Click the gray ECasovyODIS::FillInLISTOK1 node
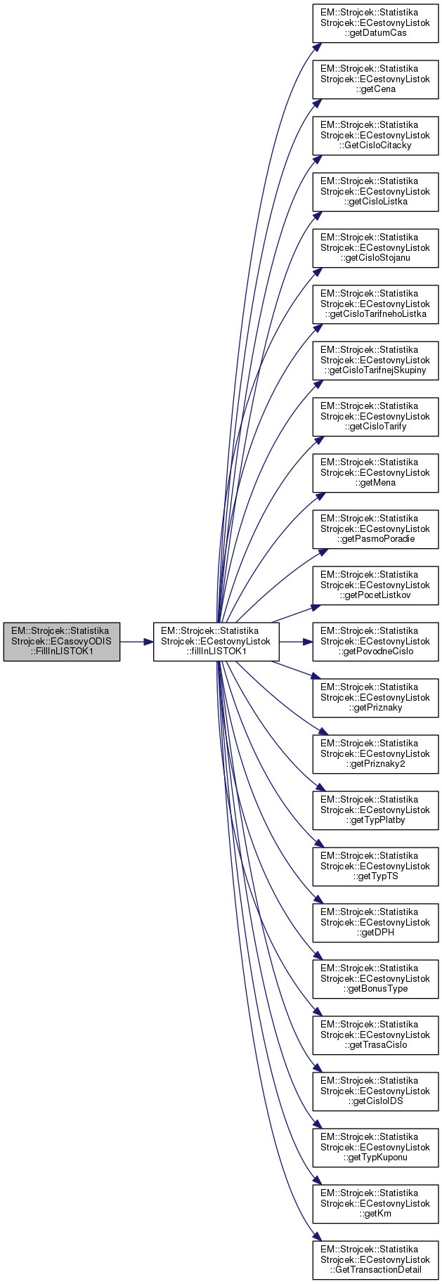pyautogui.click(x=61, y=641)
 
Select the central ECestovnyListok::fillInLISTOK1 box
pyautogui.click(x=216, y=641)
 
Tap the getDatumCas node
pyautogui.click(x=375, y=22)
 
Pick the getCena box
pyautogui.click(x=375, y=79)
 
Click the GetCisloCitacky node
pyautogui.click(x=375, y=135)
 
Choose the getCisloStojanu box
pyautogui.click(x=375, y=247)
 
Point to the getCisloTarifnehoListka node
pyautogui.click(x=375, y=304)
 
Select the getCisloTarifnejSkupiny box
pyautogui.click(x=375, y=360)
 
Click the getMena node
pyautogui.click(x=375, y=472)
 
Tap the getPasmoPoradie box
pyautogui.click(x=375, y=528)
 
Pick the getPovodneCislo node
pyautogui.click(x=375, y=641)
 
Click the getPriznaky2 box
pyautogui.click(x=375, y=753)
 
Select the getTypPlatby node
pyautogui.click(x=375, y=810)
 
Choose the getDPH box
pyautogui.click(x=375, y=922)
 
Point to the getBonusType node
pyautogui.click(x=375, y=978)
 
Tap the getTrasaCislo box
pyautogui.click(x=375, y=1035)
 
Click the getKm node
pyautogui.click(x=375, y=1203)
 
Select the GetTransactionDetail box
pyautogui.click(x=375, y=1259)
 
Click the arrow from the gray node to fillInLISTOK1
pyautogui.click(x=136, y=642)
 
